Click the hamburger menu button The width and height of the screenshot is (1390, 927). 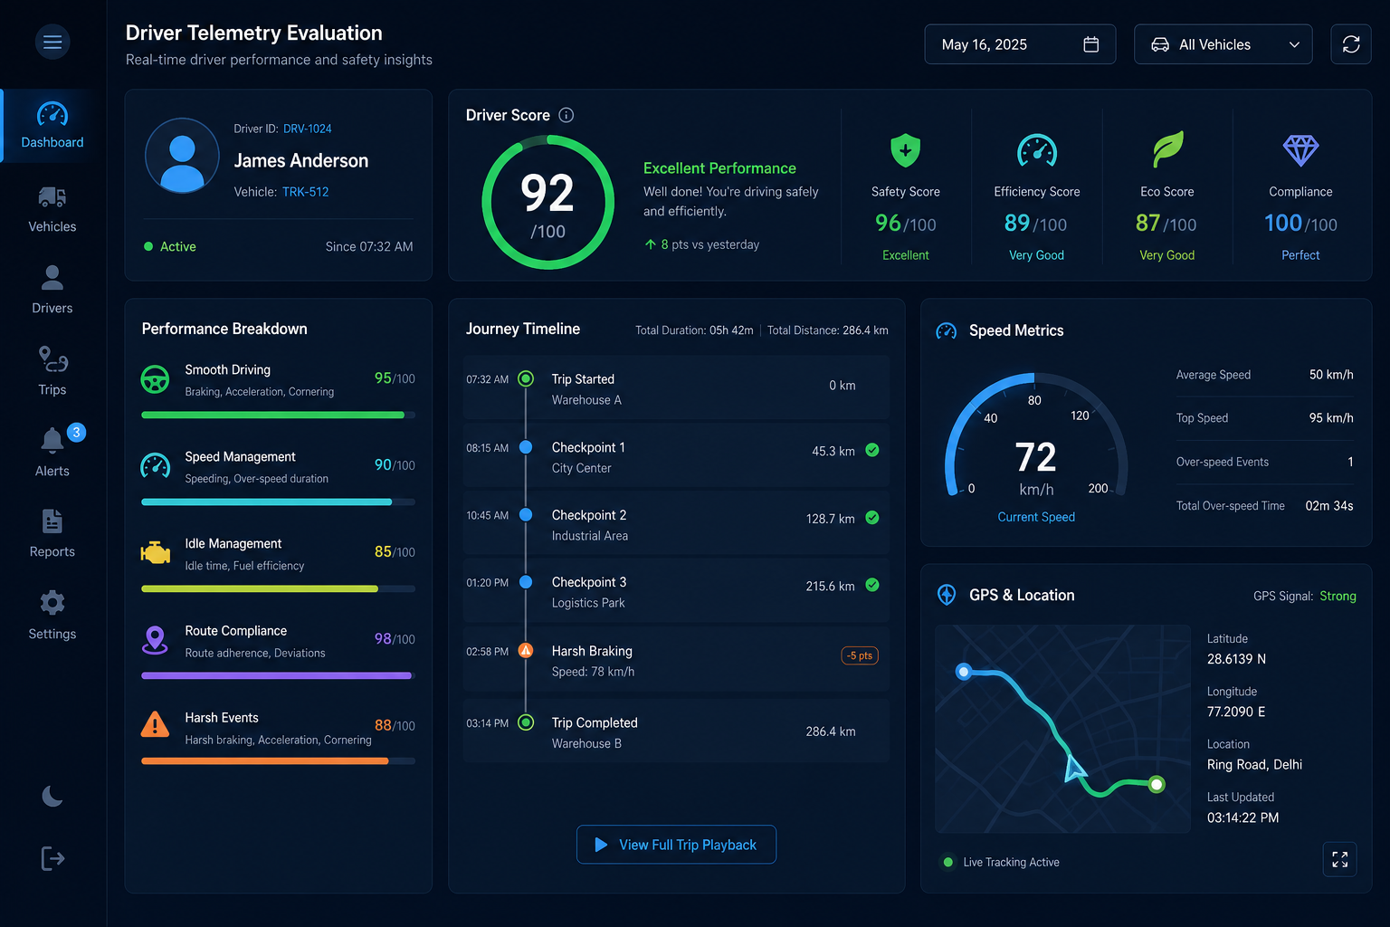(52, 42)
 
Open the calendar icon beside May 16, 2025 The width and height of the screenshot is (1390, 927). (1090, 44)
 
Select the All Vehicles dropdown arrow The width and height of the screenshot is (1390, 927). (1294, 44)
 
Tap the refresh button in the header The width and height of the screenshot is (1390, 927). (1351, 44)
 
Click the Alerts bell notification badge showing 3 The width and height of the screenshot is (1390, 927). (76, 432)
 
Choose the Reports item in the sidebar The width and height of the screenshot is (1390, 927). (52, 533)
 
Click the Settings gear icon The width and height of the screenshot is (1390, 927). (52, 602)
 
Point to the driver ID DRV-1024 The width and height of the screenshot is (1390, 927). (307, 129)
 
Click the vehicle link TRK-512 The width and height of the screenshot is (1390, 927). (305, 192)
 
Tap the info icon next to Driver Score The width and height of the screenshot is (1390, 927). (566, 115)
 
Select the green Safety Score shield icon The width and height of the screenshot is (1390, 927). (905, 150)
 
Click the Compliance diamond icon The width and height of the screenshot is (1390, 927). (1300, 150)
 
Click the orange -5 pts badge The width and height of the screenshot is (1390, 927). (860, 655)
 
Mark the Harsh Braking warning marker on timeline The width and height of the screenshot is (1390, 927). (526, 650)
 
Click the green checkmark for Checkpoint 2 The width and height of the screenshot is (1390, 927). (871, 517)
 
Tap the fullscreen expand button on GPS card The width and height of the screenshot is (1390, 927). (1339, 859)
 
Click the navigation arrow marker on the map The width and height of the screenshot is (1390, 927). (1073, 768)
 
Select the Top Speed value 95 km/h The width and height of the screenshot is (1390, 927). (1331, 418)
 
